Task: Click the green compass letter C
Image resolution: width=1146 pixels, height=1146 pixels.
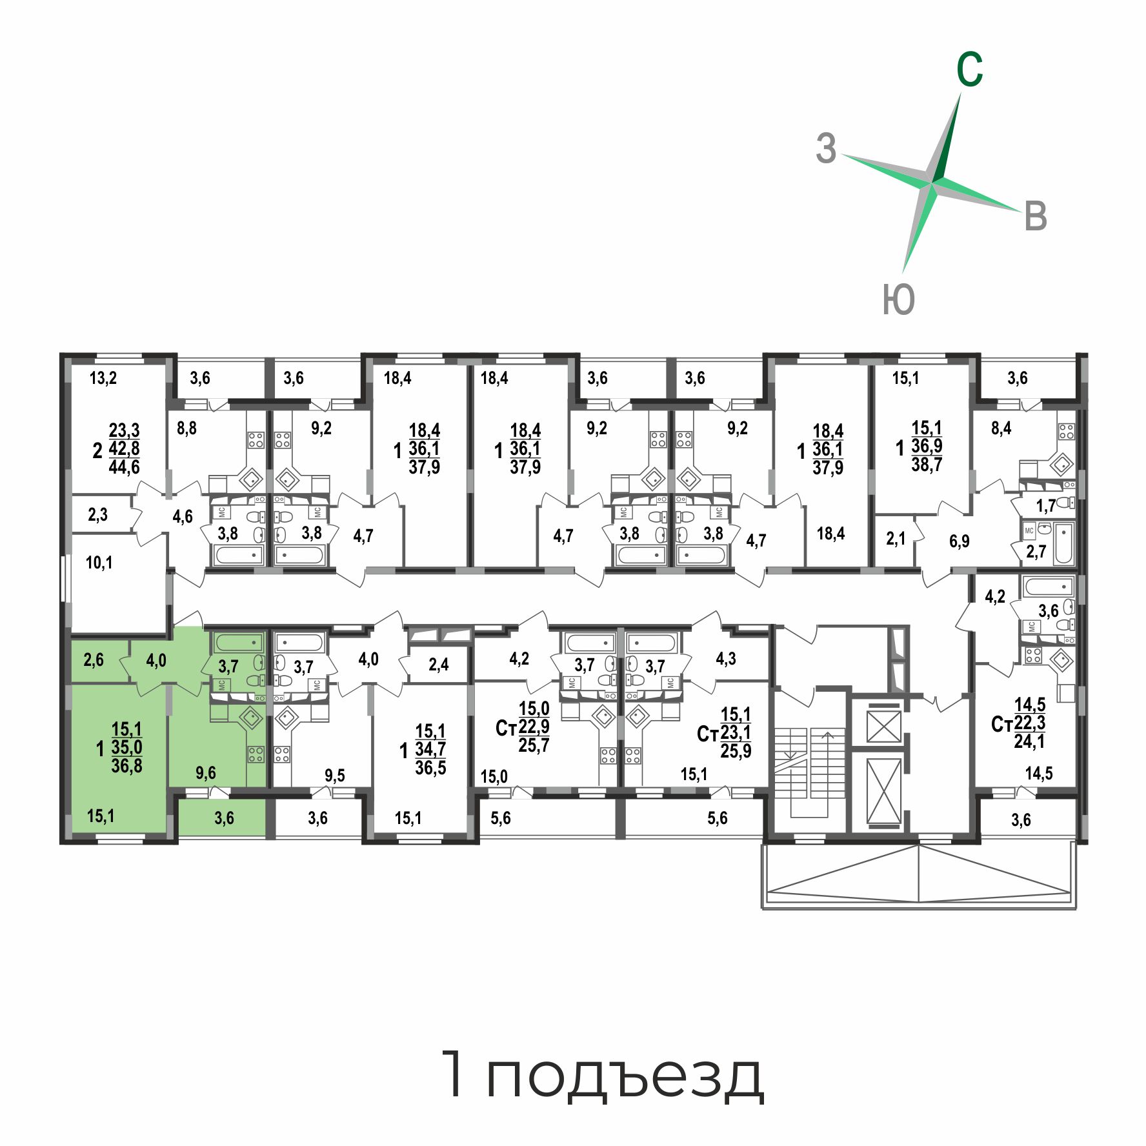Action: pyautogui.click(x=970, y=70)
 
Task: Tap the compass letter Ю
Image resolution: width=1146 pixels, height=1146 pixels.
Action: pyautogui.click(x=899, y=299)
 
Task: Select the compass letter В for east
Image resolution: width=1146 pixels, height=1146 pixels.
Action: pyautogui.click(x=1035, y=216)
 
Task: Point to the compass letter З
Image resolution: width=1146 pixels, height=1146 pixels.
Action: pyautogui.click(x=826, y=148)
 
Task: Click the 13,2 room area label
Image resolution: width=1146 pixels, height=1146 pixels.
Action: pyautogui.click(x=103, y=378)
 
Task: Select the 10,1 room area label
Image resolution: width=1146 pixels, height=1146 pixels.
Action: pyautogui.click(x=99, y=563)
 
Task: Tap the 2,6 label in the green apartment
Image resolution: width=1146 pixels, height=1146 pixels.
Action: pyautogui.click(x=94, y=660)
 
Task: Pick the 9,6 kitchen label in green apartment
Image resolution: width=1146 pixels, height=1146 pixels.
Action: pyautogui.click(x=206, y=773)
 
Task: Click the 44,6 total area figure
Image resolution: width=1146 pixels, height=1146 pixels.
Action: pyautogui.click(x=125, y=467)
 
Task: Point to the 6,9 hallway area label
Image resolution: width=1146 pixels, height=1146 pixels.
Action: pyautogui.click(x=960, y=541)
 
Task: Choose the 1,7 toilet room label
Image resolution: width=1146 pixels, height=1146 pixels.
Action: pyautogui.click(x=1046, y=506)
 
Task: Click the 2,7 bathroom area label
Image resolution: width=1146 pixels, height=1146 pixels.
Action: pyautogui.click(x=1036, y=551)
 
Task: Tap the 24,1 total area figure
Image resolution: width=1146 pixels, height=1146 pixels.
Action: pyautogui.click(x=1029, y=741)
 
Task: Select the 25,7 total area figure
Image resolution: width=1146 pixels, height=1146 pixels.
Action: pyautogui.click(x=534, y=745)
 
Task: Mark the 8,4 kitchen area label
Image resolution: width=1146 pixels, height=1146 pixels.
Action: pyautogui.click(x=1001, y=428)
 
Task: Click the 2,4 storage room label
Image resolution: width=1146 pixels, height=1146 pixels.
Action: pyautogui.click(x=439, y=664)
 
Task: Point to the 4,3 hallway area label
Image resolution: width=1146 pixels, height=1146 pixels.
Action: pyautogui.click(x=726, y=659)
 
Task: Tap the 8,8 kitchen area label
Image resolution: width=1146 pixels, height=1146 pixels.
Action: pyautogui.click(x=186, y=428)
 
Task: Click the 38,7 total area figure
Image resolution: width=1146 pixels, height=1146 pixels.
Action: pyautogui.click(x=927, y=464)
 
